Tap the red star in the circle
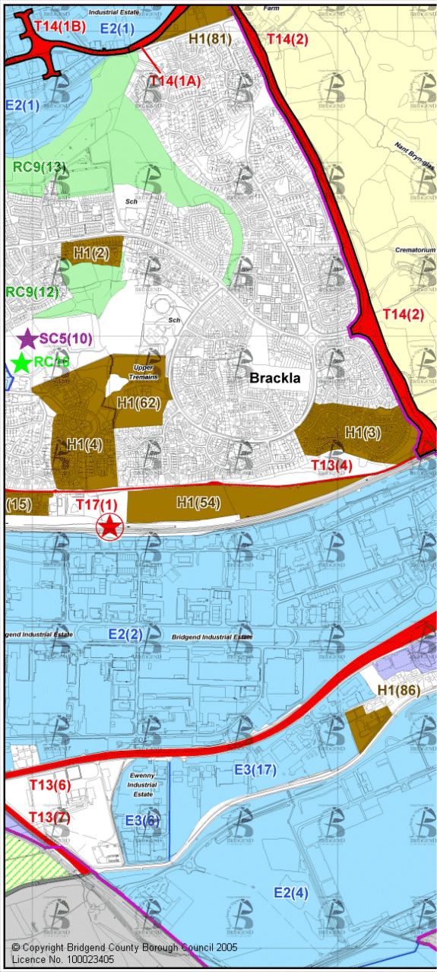pos(111,525)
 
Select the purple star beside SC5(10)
pos(27,338)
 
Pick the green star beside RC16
pos(22,363)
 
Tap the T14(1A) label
pos(175,81)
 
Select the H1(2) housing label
pos(91,253)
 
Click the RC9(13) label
pos(40,167)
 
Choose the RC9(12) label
pos(33,291)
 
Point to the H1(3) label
pos(363,432)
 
